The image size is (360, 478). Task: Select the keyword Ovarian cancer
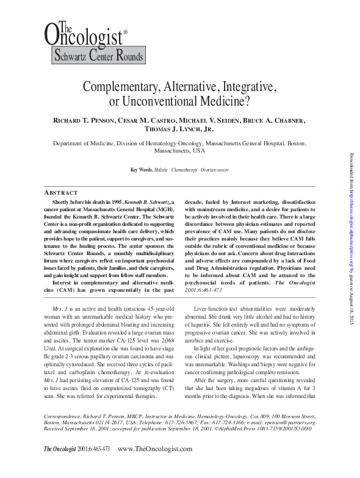click(216, 169)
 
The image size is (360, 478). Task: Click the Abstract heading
click(65, 190)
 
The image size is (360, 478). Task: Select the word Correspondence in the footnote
click(63, 432)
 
